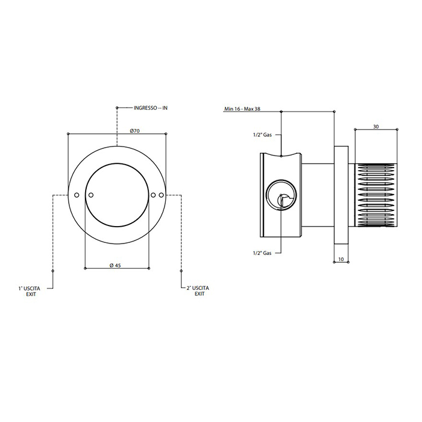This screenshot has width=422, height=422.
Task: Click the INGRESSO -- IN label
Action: pyautogui.click(x=151, y=108)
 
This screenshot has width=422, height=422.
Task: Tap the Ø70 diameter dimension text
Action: pyautogui.click(x=134, y=131)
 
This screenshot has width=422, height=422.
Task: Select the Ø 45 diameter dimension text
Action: pyautogui.click(x=115, y=265)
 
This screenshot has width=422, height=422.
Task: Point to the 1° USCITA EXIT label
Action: pyautogui.click(x=30, y=291)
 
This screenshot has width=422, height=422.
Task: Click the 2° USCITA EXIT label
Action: pyautogui.click(x=198, y=291)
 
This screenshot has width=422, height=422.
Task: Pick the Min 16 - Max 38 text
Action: pyautogui.click(x=242, y=109)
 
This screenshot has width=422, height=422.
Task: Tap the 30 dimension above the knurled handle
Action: pyautogui.click(x=376, y=127)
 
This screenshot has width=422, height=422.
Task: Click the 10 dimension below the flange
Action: pyautogui.click(x=341, y=259)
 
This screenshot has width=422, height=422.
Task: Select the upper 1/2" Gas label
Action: pyautogui.click(x=262, y=135)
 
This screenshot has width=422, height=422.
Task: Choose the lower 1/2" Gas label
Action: pyautogui.click(x=262, y=253)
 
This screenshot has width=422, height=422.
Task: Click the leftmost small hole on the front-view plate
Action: pyautogui.click(x=77, y=195)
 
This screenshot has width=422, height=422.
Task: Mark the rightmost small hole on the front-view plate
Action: pyautogui.click(x=161, y=195)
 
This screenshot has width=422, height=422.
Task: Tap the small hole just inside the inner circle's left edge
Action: pyautogui.click(x=90, y=195)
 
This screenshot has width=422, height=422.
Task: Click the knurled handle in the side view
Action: pyautogui.click(x=377, y=195)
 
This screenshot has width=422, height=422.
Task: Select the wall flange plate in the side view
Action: pyautogui.click(x=341, y=195)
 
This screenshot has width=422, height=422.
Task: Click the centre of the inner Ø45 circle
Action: pyautogui.click(x=117, y=195)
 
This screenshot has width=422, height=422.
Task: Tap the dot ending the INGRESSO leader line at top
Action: pyautogui.click(x=117, y=108)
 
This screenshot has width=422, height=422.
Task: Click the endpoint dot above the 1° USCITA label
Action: pyautogui.click(x=53, y=271)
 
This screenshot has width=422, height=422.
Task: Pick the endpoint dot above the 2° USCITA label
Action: pyautogui.click(x=181, y=271)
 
